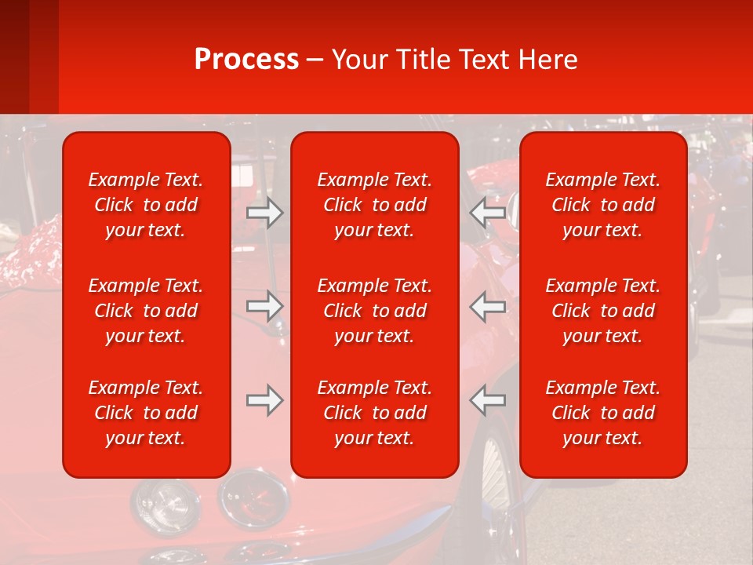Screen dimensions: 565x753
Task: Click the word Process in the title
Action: (246, 60)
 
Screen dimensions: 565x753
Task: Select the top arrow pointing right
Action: (264, 213)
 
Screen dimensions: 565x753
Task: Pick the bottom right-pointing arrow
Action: (264, 400)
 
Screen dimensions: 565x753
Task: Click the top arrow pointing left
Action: (488, 213)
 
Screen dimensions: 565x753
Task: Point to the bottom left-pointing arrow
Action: (488, 400)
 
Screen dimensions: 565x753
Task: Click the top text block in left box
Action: (146, 205)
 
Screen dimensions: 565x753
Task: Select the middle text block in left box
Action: (146, 311)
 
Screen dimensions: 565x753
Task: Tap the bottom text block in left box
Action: (146, 413)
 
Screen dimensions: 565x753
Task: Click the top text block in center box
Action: (375, 205)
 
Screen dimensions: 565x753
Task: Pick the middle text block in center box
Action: (375, 311)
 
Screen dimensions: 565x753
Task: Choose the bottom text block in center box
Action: (375, 413)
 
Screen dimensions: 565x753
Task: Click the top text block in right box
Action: (603, 205)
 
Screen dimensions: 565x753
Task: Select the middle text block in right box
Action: (603, 311)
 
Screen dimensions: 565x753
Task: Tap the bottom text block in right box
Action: (603, 413)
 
